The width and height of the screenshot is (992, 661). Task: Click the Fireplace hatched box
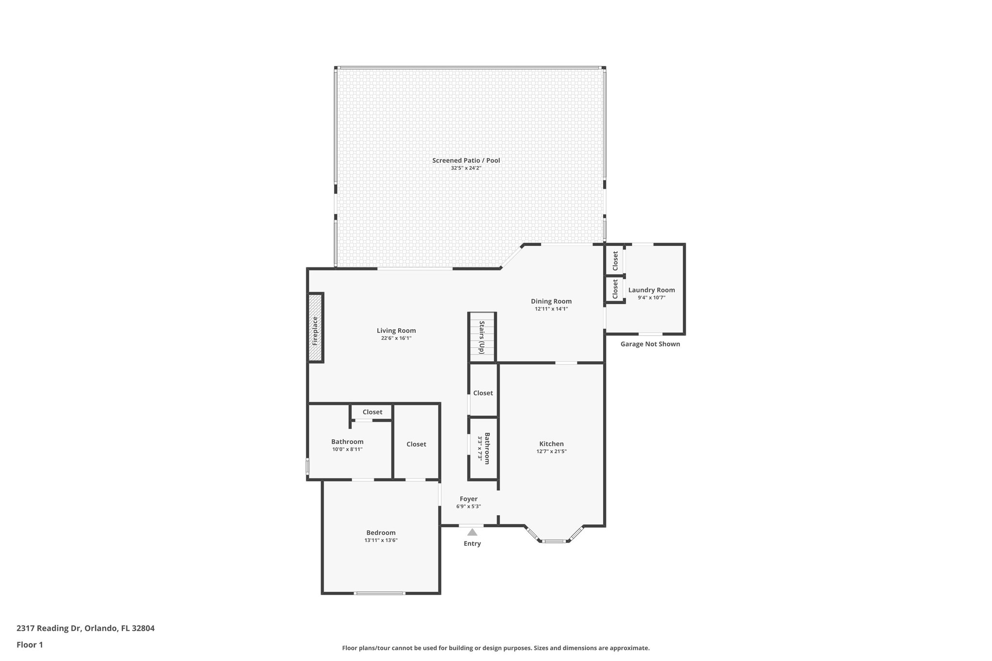tap(315, 327)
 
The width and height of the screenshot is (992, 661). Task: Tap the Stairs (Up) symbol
tap(482, 337)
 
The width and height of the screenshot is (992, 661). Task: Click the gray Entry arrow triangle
tap(472, 532)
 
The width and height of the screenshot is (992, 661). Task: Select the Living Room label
tap(396, 331)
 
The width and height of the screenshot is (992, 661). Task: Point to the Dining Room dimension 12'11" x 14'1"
tap(551, 309)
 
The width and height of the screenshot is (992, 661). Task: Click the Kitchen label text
tap(551, 444)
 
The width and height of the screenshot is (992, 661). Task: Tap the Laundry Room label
tap(651, 290)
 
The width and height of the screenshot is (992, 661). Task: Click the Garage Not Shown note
tap(650, 344)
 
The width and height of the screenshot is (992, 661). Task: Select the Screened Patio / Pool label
tap(466, 160)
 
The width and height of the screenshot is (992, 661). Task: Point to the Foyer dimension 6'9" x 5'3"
tap(468, 507)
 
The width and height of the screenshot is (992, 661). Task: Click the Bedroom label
tap(381, 533)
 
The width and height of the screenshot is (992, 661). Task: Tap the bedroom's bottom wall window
tap(380, 593)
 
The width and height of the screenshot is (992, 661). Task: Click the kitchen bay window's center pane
tap(554, 541)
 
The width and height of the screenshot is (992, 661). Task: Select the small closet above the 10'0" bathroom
tap(372, 412)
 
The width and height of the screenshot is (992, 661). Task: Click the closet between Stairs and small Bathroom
tap(483, 393)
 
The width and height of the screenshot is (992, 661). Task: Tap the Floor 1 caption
tap(30, 645)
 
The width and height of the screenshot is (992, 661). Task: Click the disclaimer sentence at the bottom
tap(496, 648)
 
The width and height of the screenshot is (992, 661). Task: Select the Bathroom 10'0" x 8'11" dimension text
tap(347, 449)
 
